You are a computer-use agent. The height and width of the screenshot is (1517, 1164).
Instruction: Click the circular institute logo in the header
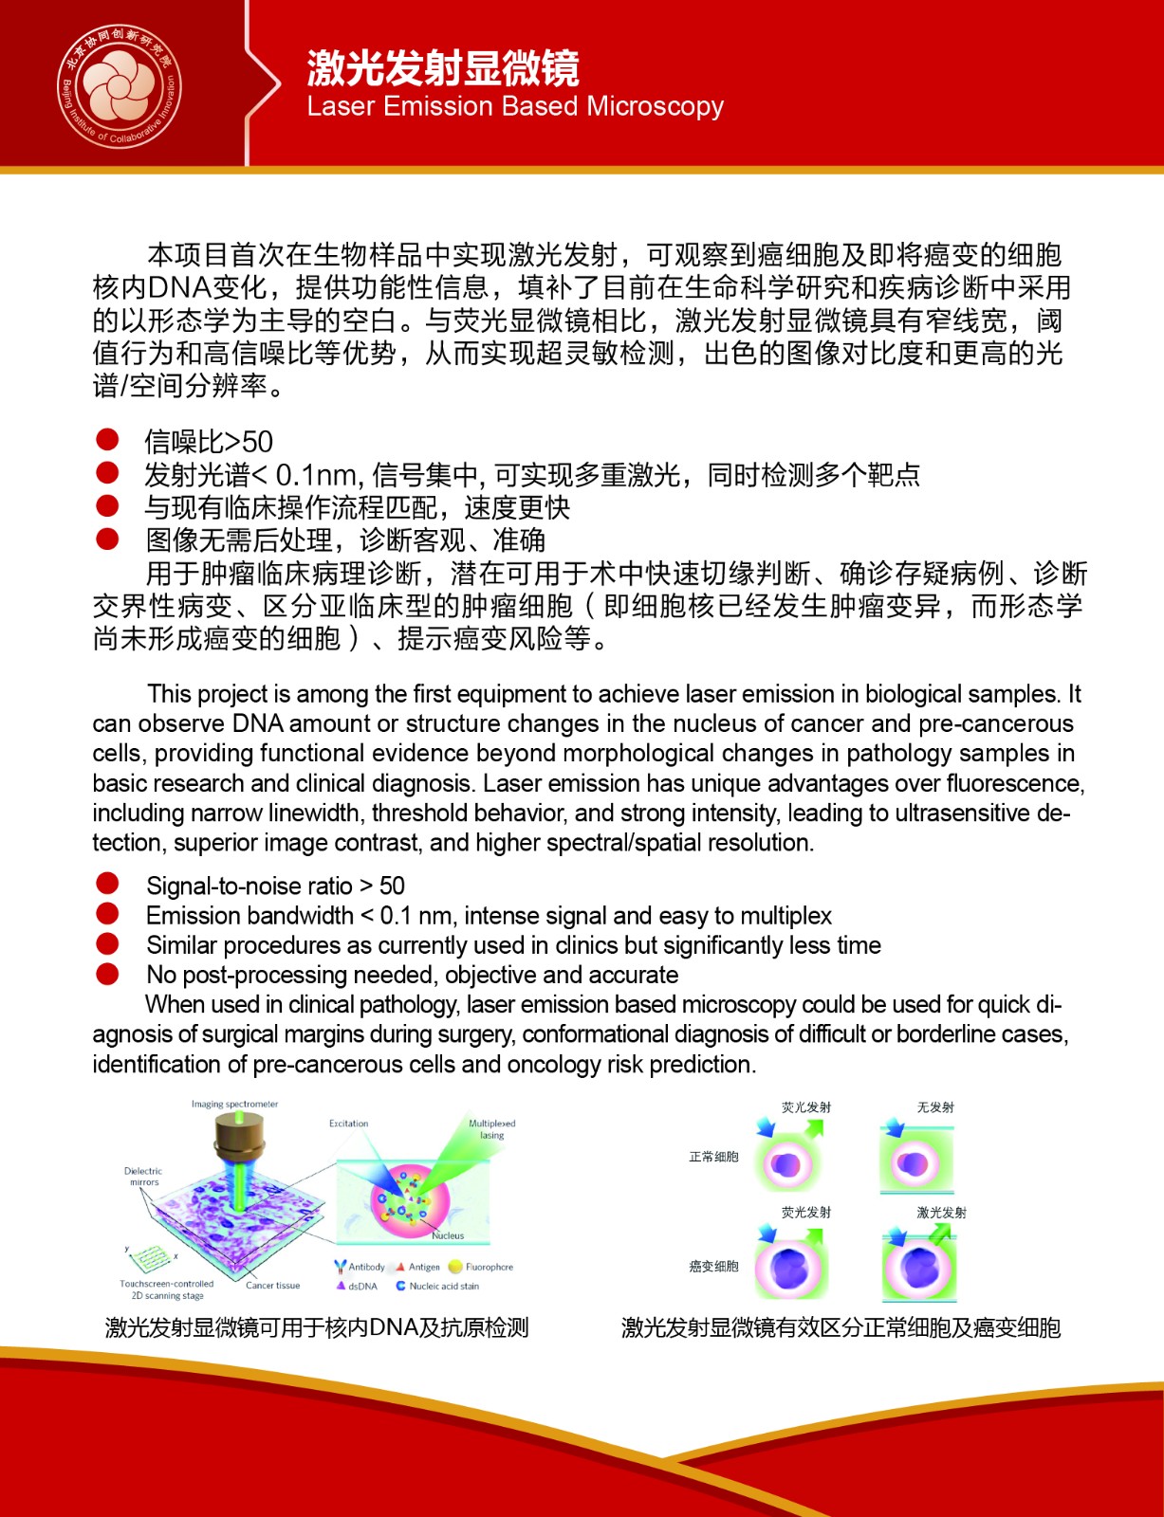(120, 86)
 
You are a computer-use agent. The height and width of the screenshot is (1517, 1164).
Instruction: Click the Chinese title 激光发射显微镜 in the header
(442, 68)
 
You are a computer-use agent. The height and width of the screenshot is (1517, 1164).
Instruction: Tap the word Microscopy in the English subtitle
(655, 106)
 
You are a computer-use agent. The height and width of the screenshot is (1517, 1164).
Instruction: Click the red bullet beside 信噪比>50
(107, 439)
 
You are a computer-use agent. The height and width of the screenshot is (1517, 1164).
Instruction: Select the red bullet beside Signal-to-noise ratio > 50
(107, 884)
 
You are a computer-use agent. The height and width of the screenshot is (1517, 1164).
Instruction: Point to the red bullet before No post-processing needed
(107, 974)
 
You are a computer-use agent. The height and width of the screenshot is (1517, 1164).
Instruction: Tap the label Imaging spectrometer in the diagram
(234, 1105)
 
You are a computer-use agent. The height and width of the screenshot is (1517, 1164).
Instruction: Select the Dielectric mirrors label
(143, 1177)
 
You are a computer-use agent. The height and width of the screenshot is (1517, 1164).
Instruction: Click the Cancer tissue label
(272, 1286)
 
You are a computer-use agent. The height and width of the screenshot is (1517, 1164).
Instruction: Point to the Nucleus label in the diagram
(448, 1235)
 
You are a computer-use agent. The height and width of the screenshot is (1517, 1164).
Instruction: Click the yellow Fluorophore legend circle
(454, 1267)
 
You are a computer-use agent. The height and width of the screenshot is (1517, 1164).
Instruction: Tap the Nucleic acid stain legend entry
(438, 1287)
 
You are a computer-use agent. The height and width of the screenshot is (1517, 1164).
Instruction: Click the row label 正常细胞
(713, 1157)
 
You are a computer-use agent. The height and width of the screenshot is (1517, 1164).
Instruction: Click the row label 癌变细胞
(713, 1267)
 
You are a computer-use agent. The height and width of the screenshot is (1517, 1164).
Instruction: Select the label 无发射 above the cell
(935, 1107)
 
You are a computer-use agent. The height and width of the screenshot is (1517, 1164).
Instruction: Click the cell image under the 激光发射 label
(918, 1267)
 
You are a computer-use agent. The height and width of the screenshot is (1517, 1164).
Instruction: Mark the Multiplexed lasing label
(491, 1129)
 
